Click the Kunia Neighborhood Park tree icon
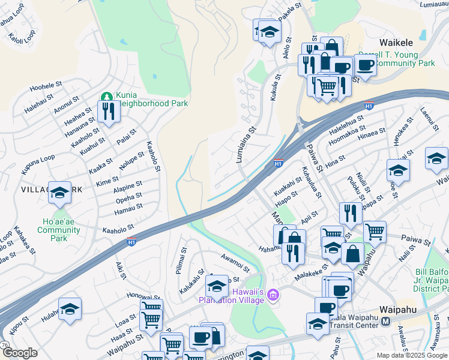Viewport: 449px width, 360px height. point(107,96)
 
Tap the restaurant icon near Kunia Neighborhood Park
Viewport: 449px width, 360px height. point(109,111)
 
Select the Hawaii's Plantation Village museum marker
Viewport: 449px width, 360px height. point(274,294)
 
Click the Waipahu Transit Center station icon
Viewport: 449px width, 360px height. point(385,321)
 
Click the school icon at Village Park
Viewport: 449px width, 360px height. point(59,193)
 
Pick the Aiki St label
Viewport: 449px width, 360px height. point(121,271)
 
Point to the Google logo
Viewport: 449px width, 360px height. point(19,352)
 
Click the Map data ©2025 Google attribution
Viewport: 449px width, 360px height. point(411,355)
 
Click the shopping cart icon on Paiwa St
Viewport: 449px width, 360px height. point(375,231)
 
